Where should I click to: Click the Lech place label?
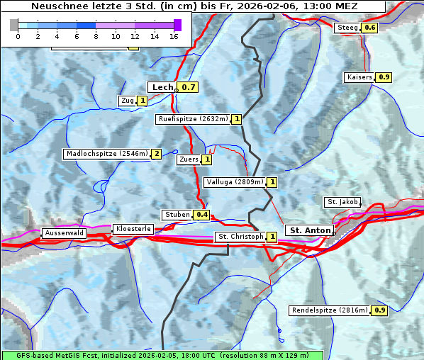[162, 87]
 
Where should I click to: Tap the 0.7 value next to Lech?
[188, 87]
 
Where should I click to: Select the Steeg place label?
[347, 28]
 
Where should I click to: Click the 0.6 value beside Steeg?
[369, 28]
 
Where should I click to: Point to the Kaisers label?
[359, 77]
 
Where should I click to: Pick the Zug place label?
[128, 101]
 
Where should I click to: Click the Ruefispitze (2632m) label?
[193, 119]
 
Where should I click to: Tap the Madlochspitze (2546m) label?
[106, 153]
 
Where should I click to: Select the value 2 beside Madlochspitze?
[156, 154]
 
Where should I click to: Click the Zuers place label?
[189, 159]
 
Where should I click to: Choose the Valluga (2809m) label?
[235, 182]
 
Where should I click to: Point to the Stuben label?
[177, 214]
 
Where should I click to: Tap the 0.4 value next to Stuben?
[202, 215]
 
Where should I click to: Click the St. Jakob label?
[342, 202]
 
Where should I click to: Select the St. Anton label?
[310, 230]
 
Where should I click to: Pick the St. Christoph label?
[240, 236]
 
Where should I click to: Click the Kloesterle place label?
[133, 229]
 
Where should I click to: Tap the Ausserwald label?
[64, 232]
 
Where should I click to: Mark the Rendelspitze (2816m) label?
[330, 310]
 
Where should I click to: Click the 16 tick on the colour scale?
[174, 35]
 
